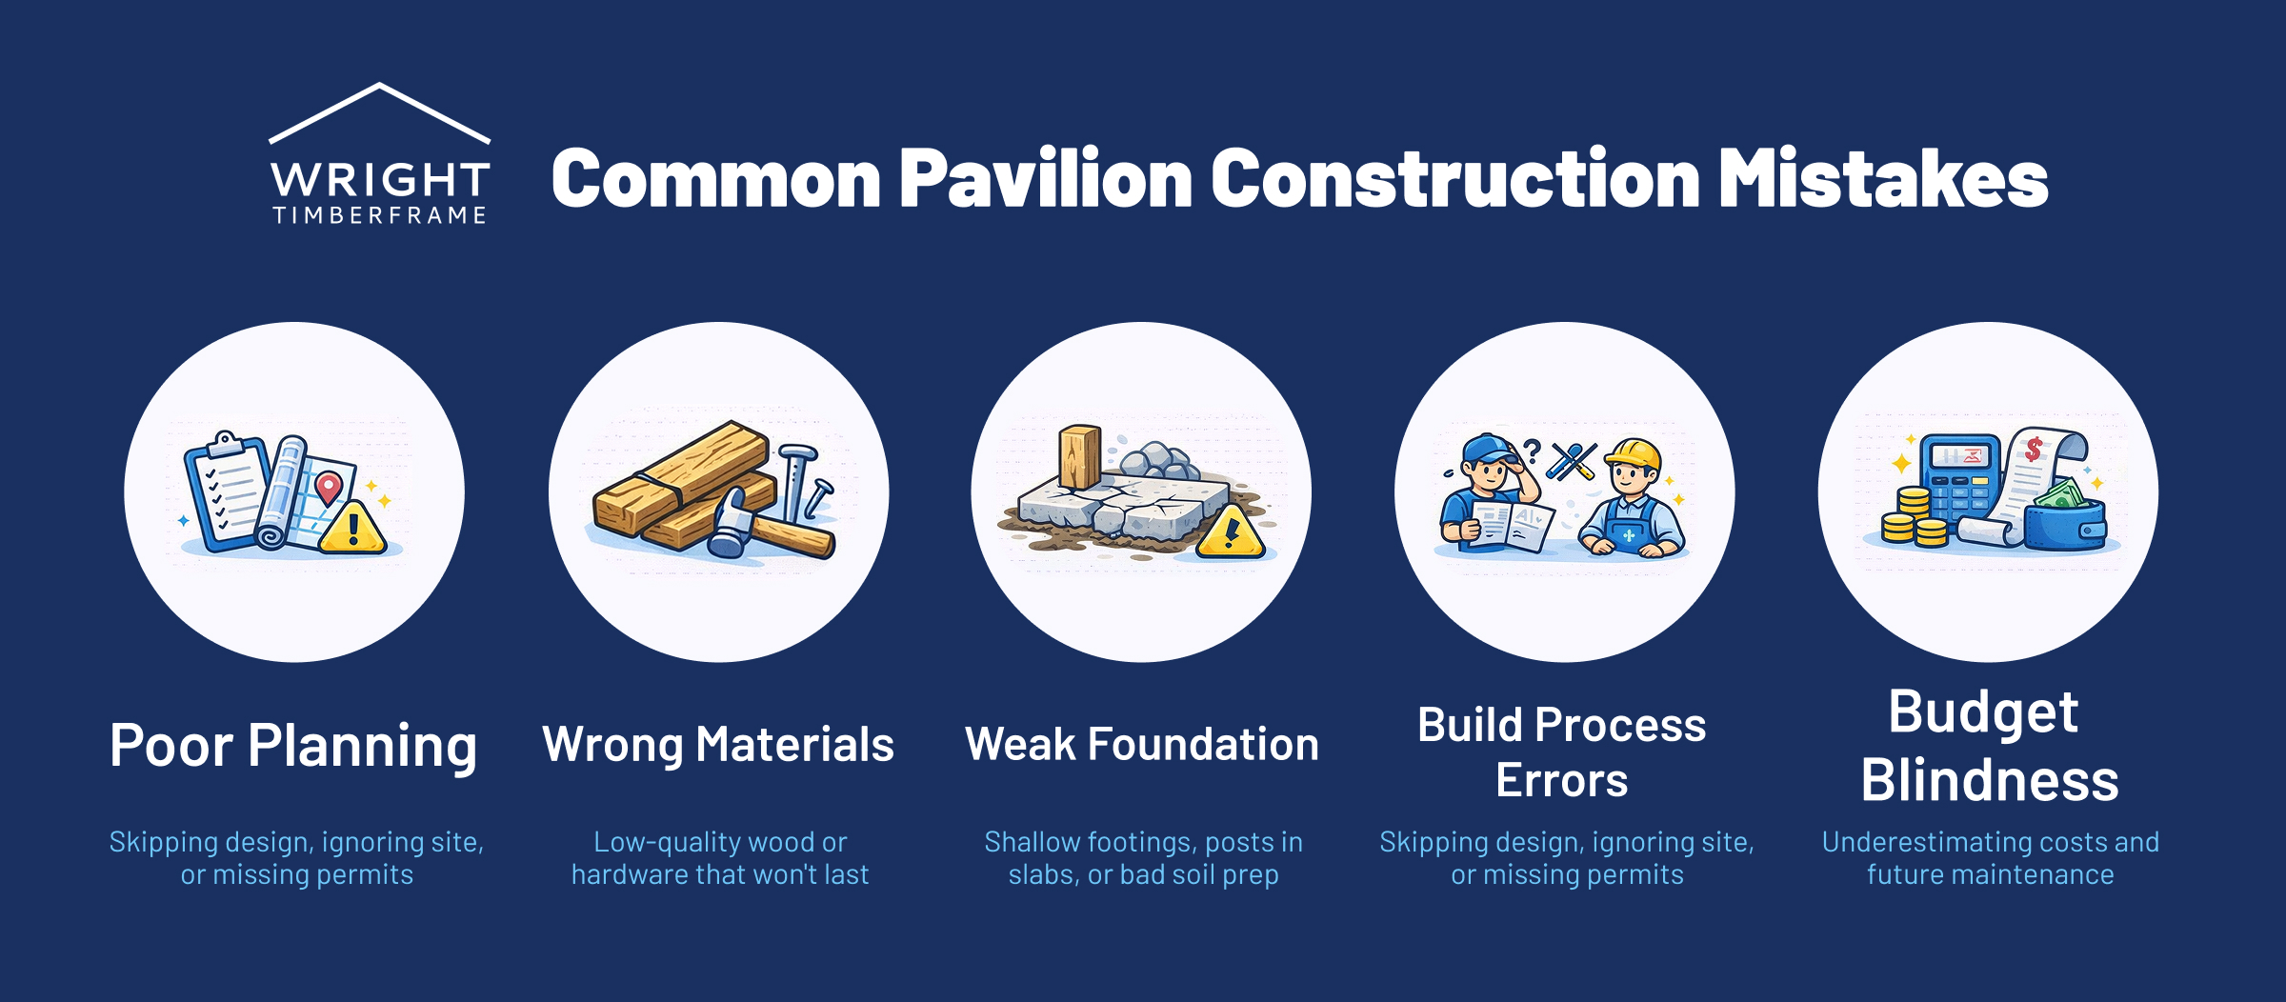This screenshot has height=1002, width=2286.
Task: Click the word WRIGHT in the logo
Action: (x=379, y=180)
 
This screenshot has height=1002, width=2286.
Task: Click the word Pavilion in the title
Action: (x=1045, y=179)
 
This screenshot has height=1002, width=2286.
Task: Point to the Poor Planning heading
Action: (x=293, y=746)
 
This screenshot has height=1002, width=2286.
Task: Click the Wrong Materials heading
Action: (x=718, y=745)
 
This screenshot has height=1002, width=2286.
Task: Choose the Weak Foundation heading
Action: (x=1142, y=745)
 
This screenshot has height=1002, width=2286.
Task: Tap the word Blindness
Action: (x=1989, y=781)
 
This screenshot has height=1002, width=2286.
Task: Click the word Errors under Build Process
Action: (x=1561, y=781)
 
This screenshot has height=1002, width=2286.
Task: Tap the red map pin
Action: (x=328, y=487)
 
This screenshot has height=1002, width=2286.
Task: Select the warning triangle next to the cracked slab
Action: (x=1231, y=533)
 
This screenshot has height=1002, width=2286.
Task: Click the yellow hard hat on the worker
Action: (x=1633, y=454)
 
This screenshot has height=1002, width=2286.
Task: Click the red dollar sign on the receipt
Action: (x=2033, y=449)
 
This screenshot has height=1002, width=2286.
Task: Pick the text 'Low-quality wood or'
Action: (x=719, y=842)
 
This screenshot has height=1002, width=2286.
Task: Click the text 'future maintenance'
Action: (x=1990, y=874)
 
